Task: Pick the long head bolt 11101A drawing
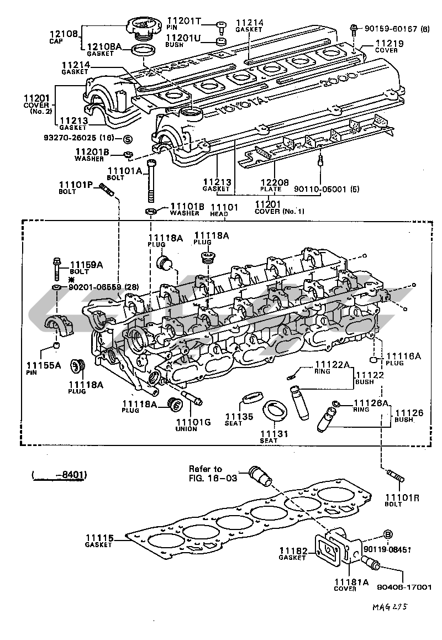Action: [151, 182]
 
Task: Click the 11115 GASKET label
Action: [99, 541]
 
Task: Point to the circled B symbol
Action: [388, 534]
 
